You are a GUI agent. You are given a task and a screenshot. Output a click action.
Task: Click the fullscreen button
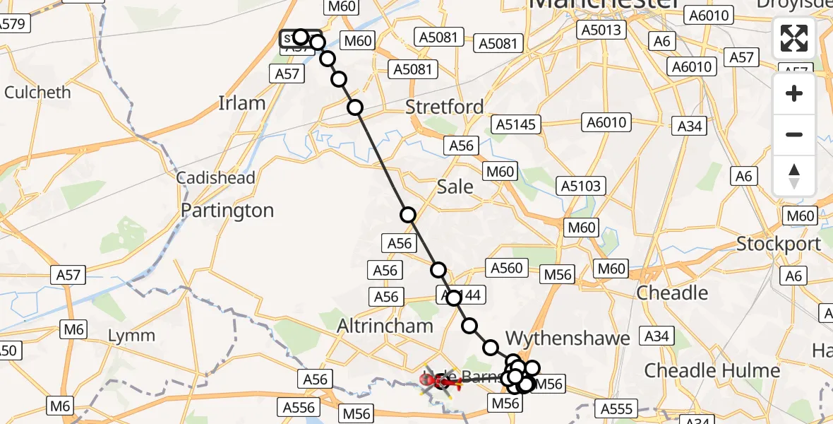(x=794, y=38)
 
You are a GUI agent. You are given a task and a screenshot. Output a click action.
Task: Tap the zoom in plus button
(x=794, y=94)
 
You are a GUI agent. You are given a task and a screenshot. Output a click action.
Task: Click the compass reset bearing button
(x=794, y=176)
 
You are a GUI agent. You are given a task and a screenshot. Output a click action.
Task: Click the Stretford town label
(x=445, y=107)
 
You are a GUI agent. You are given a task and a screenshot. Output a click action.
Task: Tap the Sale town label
(x=455, y=187)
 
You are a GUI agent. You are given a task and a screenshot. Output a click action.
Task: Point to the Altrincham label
(x=385, y=326)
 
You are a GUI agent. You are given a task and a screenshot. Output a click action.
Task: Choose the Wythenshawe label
(x=568, y=338)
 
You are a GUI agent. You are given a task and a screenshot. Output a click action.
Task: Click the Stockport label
(x=779, y=244)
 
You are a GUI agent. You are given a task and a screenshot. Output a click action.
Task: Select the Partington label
(x=227, y=210)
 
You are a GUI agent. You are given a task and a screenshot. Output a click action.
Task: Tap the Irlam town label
(x=242, y=103)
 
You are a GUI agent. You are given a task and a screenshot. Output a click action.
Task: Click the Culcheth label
(x=38, y=93)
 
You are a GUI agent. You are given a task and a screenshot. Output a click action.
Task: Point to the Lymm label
(x=131, y=335)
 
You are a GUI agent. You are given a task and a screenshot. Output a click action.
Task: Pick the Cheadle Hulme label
(x=712, y=370)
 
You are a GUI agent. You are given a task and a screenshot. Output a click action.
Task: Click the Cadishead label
(x=215, y=178)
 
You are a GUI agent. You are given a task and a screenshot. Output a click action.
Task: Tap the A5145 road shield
(x=517, y=125)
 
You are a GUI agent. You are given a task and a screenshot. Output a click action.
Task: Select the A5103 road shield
(x=582, y=186)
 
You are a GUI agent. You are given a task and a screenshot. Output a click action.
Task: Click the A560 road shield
(x=507, y=267)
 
